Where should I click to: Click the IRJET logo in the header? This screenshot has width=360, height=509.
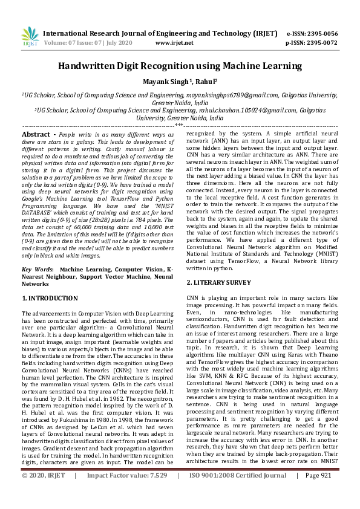click(x=29, y=37)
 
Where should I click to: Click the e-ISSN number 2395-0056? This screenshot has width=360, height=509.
click(x=320, y=33)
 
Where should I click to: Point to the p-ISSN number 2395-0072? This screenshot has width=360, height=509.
click(x=320, y=43)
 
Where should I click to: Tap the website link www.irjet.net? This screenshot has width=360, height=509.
click(x=174, y=43)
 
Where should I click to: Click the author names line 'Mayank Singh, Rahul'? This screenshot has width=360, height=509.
click(x=180, y=81)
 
